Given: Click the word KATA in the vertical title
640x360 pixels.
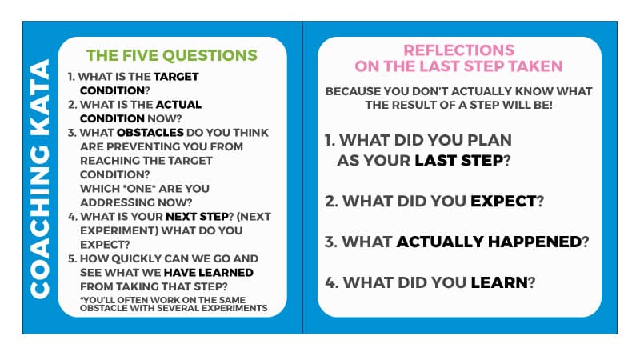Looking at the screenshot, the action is [40, 98].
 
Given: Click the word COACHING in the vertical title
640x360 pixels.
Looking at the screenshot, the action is [40, 222].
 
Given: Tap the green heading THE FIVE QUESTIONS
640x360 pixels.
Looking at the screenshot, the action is [172, 55].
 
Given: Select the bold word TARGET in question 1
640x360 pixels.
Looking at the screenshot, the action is [176, 76].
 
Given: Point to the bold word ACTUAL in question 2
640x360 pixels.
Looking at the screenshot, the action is [178, 105].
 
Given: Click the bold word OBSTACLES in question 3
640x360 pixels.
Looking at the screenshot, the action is [150, 133].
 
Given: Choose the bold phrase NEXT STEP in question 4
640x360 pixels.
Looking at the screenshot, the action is [197, 216].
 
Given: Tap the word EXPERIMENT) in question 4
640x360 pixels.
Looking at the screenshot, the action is [119, 230].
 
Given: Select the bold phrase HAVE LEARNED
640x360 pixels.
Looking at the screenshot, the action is [209, 273].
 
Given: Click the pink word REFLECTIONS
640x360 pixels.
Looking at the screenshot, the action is [458, 50].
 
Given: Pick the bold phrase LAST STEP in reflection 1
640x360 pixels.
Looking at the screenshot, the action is [458, 161].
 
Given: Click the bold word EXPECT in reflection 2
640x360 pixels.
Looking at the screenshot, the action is [503, 202].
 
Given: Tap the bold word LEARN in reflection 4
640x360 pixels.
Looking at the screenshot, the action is [499, 282].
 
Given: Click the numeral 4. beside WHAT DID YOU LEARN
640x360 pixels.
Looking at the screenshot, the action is [332, 282].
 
